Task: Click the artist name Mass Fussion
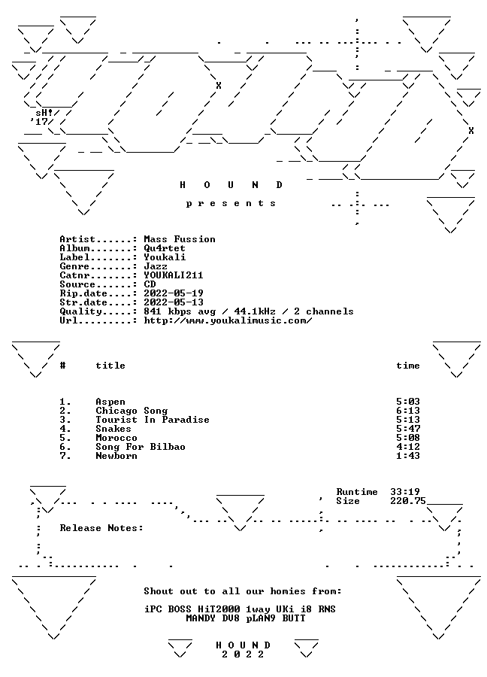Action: coord(180,239)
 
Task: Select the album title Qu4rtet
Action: coord(165,248)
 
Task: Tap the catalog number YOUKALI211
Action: coord(174,275)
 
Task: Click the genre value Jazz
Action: coord(156,266)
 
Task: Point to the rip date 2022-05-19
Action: coord(174,293)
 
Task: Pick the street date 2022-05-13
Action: coord(174,302)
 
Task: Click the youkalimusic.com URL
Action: coord(228,320)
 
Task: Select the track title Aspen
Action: coord(110,402)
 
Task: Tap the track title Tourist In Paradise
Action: coord(153,420)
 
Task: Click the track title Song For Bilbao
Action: coord(141,447)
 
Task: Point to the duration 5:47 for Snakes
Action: coord(408,429)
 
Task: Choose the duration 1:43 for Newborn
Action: coord(408,456)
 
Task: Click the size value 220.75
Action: coord(408,501)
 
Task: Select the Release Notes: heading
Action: coord(101,528)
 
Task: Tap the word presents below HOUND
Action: coord(231,203)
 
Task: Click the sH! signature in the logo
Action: coord(44,113)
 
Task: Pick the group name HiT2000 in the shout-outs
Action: coord(218,609)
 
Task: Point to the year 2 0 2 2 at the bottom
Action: coord(243,654)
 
